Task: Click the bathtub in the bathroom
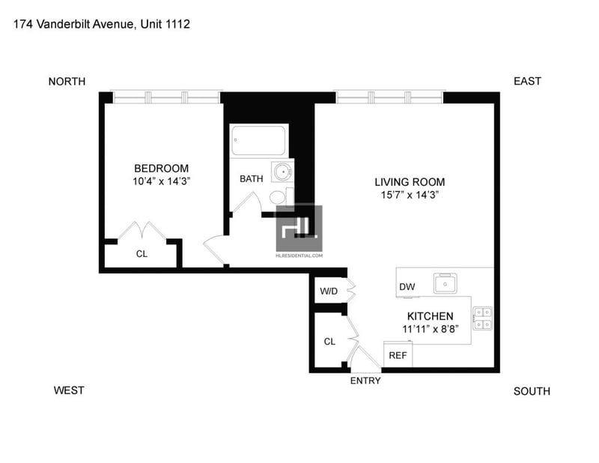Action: tap(259, 140)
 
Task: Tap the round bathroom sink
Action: tap(283, 172)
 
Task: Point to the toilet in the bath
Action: tap(282, 197)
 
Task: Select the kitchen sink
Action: tap(446, 283)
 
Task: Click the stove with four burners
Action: tap(482, 318)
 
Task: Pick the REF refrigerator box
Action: tap(398, 354)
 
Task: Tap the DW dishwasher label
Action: tap(407, 287)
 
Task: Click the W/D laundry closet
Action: tap(329, 290)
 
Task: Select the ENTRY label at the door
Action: tap(365, 381)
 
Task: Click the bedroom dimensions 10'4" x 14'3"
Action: tap(161, 181)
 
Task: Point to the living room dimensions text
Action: tap(410, 195)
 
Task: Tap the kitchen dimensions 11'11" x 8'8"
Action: tap(430, 329)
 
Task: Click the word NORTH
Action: tap(67, 82)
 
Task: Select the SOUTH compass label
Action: tap(532, 391)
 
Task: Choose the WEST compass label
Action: tap(69, 390)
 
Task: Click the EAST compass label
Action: tap(527, 81)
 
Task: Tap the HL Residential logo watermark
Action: tap(299, 231)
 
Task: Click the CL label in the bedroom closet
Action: tap(142, 254)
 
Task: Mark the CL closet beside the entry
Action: tap(329, 342)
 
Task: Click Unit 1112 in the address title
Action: tap(165, 24)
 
